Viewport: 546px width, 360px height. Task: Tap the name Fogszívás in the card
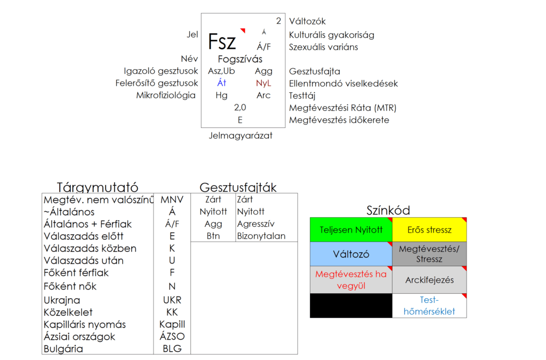click(240, 59)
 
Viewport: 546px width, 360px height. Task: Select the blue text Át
click(222, 83)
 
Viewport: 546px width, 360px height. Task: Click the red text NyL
click(263, 83)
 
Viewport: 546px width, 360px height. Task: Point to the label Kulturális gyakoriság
click(331, 35)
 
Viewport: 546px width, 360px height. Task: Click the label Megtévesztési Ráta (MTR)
click(343, 108)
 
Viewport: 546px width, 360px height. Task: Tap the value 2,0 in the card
click(240, 108)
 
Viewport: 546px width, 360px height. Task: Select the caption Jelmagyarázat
click(240, 135)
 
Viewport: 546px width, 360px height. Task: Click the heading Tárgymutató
click(98, 188)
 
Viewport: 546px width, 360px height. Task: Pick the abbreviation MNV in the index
click(172, 200)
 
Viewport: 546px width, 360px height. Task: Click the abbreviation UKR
click(172, 300)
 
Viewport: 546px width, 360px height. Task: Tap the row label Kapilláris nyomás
click(85, 324)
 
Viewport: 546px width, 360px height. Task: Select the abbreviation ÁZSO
click(172, 337)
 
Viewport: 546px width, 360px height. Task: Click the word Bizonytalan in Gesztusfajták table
click(261, 236)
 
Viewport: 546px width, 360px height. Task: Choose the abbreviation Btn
click(213, 236)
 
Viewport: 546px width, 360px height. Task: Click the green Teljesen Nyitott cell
click(351, 230)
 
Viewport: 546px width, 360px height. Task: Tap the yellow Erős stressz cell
click(429, 230)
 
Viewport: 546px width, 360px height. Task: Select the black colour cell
click(351, 306)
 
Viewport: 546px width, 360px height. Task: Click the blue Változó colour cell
click(351, 254)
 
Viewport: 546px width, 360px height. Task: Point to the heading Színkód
click(388, 210)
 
